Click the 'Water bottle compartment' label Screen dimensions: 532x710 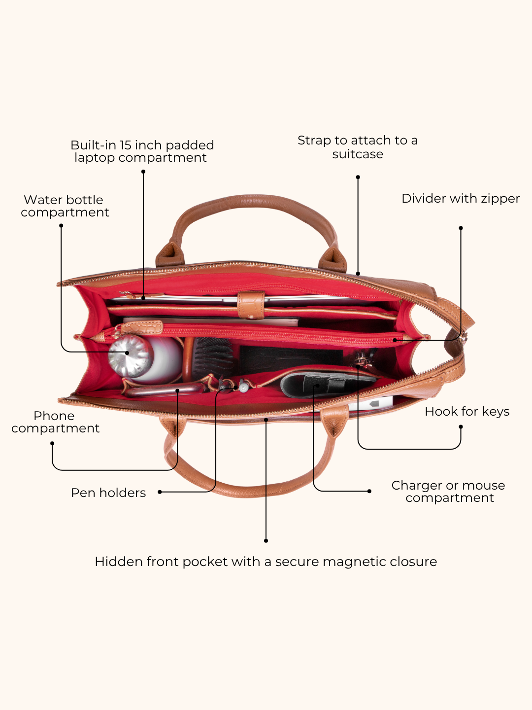coord(65,206)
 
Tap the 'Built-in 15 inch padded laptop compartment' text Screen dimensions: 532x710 coord(142,151)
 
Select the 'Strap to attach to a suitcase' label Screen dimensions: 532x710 coord(358,147)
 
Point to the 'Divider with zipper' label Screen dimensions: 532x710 coord(461,198)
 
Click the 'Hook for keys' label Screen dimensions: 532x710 coord(467,411)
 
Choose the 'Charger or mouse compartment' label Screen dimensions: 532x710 coord(448,492)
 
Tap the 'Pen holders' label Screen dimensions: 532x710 coord(108,493)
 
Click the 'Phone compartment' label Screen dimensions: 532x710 coord(55,422)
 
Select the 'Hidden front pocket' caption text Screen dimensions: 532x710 coord(266,562)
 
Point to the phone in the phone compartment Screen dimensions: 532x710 coord(165,390)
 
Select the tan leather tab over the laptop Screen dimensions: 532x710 coord(251,305)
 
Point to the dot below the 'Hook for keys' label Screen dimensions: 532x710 coord(461,427)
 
